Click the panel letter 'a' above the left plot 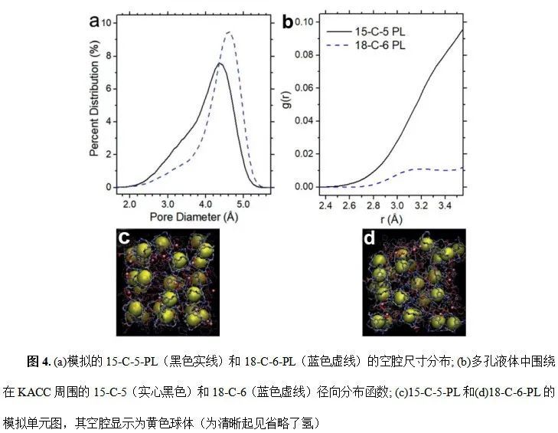point(94,21)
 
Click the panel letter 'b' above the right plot point(288,21)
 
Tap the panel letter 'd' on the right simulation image point(370,238)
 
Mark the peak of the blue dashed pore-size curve point(228,32)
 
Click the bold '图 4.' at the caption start point(38,360)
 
